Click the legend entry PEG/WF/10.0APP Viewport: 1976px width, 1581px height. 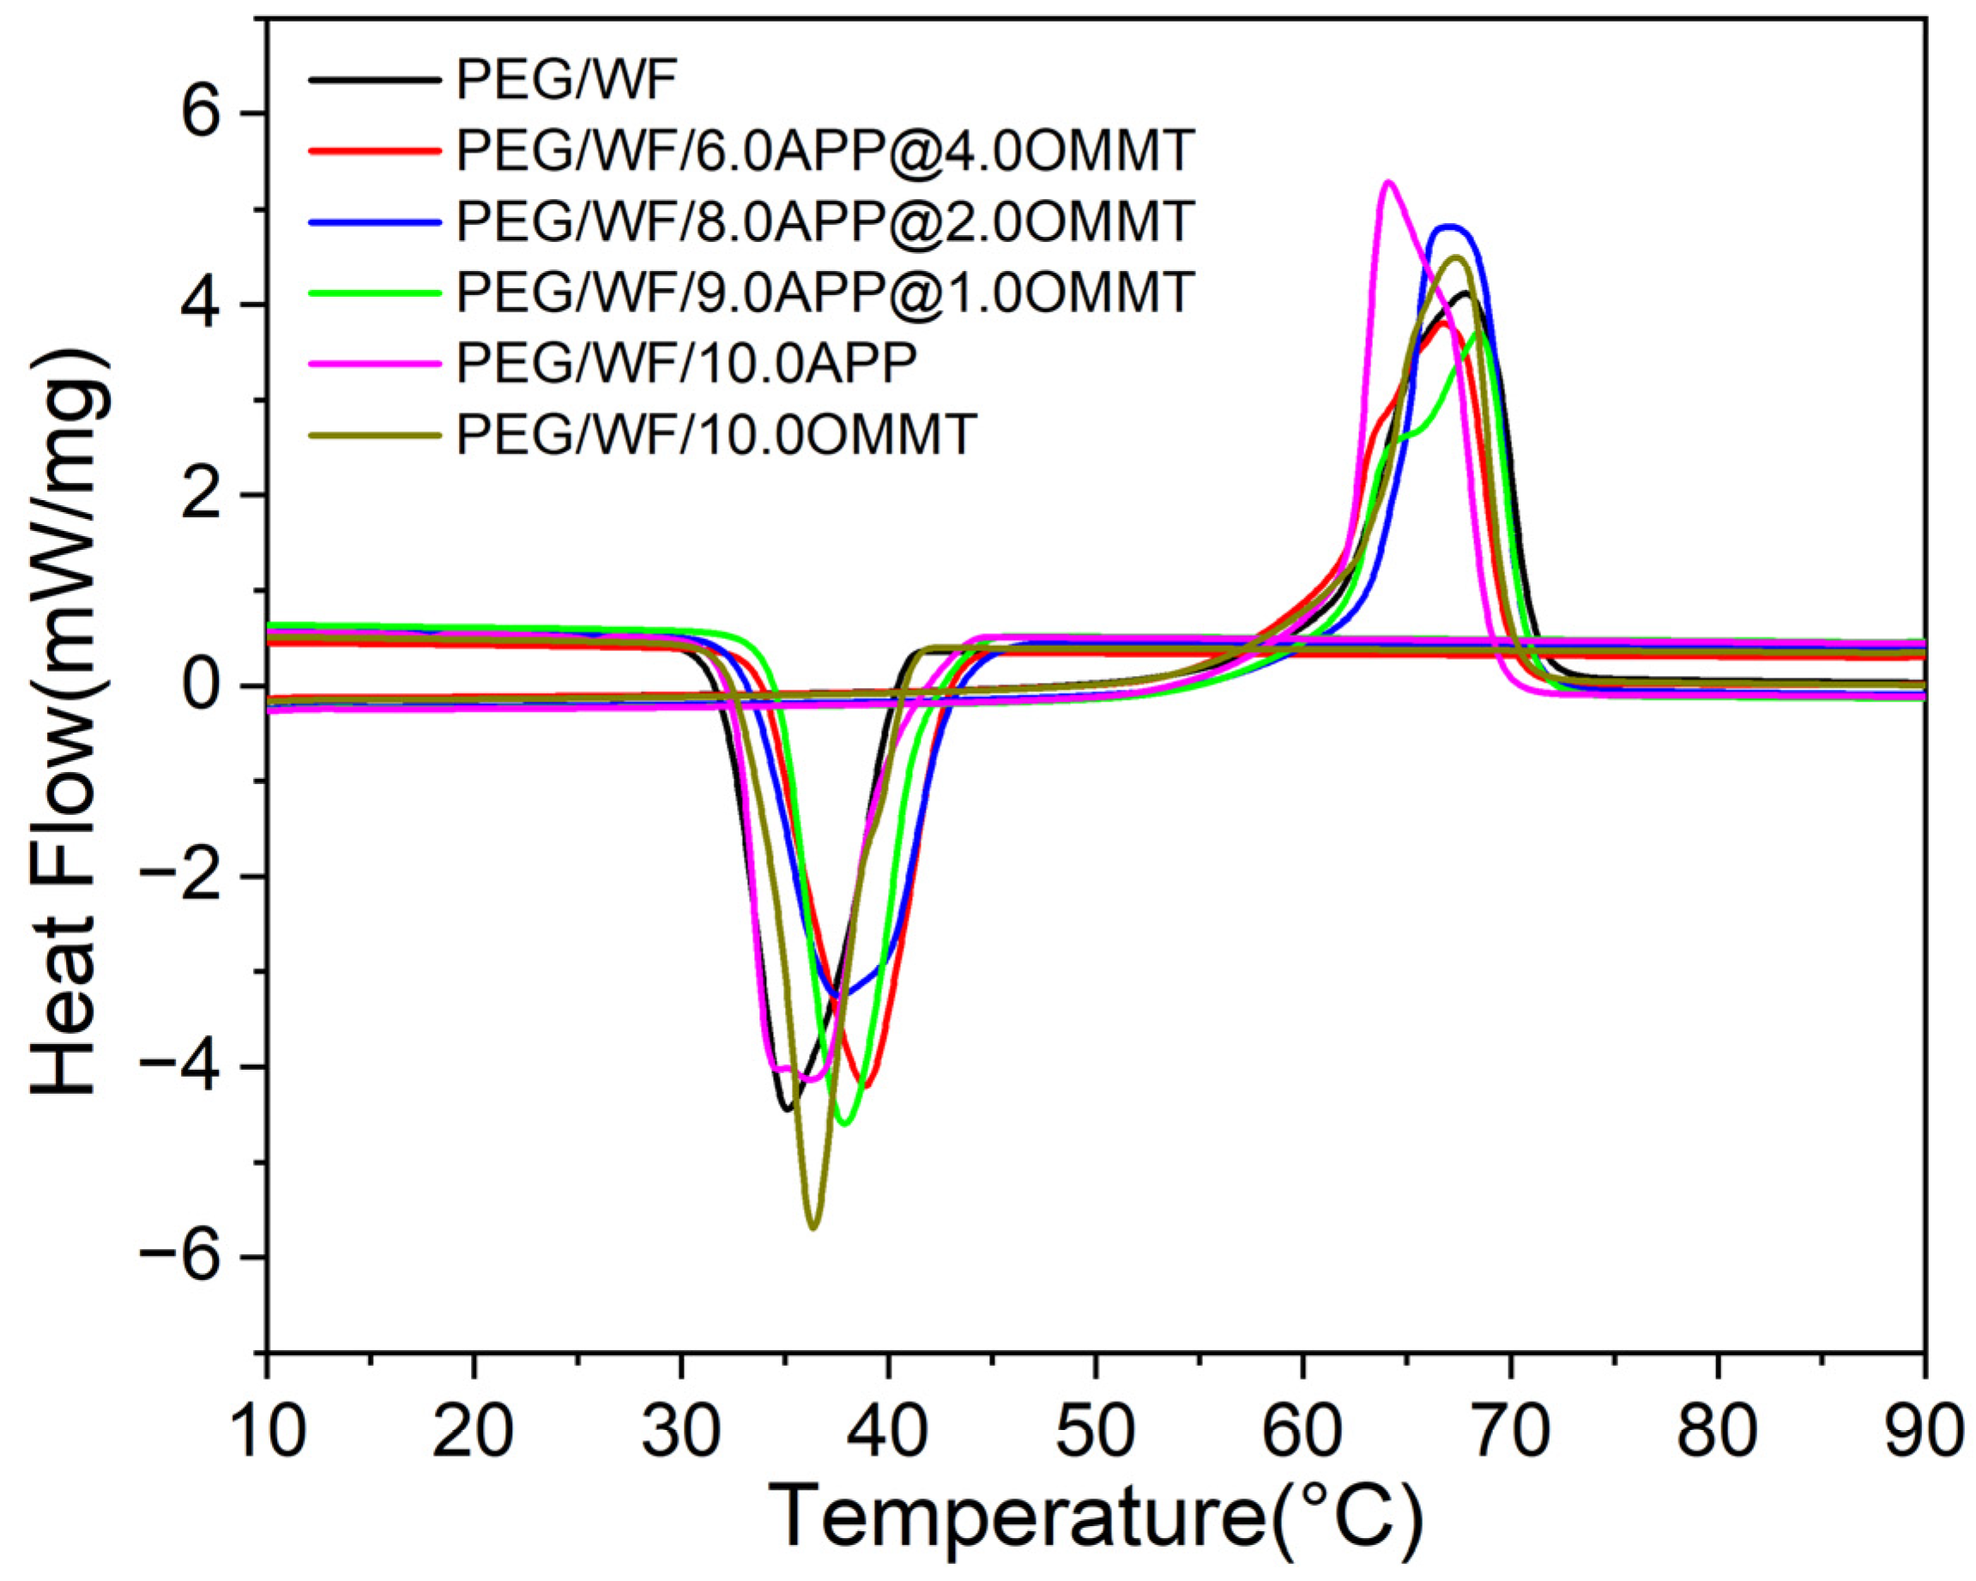point(686,363)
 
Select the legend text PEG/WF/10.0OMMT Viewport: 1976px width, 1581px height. point(715,434)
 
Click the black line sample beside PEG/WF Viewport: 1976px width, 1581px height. point(372,81)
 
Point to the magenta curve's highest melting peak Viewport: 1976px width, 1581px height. point(1388,182)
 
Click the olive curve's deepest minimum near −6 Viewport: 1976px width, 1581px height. point(813,1227)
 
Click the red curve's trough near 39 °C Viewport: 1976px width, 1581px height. point(866,1086)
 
